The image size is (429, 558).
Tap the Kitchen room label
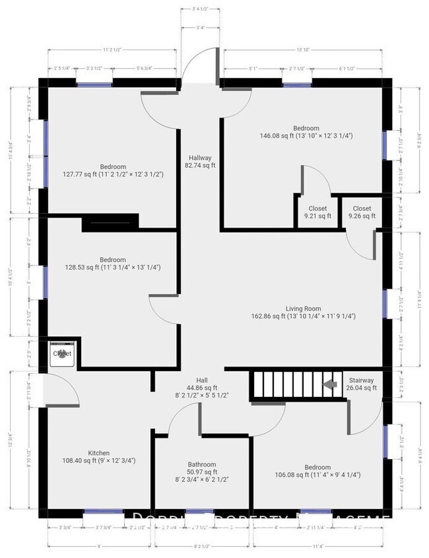[x=98, y=456]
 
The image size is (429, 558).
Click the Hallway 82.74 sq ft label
[x=200, y=162]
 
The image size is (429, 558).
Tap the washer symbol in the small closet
[x=62, y=354]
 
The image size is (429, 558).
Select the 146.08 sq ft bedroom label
[x=306, y=132]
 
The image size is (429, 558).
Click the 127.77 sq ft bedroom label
[x=113, y=170]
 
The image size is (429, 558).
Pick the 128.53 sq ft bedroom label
[x=112, y=263]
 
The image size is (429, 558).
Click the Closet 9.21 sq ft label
[x=317, y=212]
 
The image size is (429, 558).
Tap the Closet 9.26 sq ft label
[x=362, y=212]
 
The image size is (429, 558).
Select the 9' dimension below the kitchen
[x=99, y=545]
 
